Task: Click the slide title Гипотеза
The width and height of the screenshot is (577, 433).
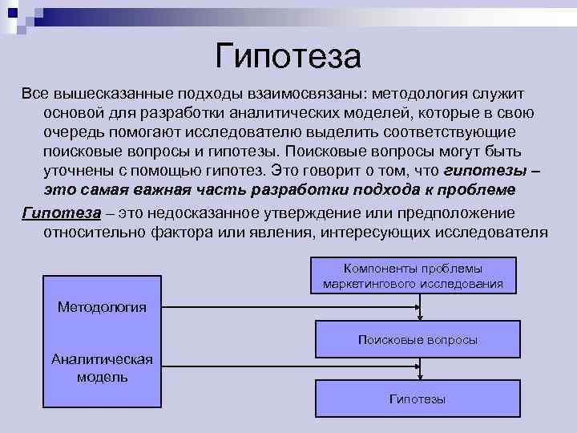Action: tap(288, 56)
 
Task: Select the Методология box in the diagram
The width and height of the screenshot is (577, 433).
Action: tap(102, 307)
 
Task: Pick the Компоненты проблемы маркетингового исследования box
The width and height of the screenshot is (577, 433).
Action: tap(414, 276)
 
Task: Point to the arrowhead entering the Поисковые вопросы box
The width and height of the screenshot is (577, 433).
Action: tap(418, 318)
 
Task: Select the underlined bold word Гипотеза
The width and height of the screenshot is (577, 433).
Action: tap(61, 212)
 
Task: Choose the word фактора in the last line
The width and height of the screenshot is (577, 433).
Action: tap(180, 232)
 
